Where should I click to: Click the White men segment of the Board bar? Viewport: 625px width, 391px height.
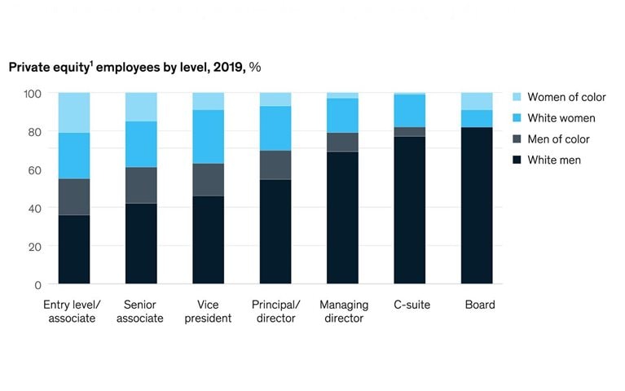tap(477, 205)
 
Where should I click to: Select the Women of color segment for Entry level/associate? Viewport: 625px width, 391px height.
tap(74, 112)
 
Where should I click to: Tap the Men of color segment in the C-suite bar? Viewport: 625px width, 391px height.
tap(410, 132)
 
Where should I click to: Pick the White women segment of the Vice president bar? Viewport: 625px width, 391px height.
tap(209, 137)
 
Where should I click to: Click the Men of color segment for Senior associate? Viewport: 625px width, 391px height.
tap(141, 186)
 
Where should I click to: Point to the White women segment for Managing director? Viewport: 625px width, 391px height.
tap(342, 116)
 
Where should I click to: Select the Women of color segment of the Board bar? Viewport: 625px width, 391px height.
tap(477, 101)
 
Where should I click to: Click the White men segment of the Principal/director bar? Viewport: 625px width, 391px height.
tap(275, 231)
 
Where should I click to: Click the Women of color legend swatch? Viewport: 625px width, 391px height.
tap(517, 97)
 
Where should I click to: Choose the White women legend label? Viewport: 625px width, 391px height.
tap(561, 118)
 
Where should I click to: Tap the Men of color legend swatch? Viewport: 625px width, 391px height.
tap(517, 138)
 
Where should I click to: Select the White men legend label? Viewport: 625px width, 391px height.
tap(554, 160)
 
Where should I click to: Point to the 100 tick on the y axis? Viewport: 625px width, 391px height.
tap(33, 94)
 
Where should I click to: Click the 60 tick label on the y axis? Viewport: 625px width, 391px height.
tap(34, 170)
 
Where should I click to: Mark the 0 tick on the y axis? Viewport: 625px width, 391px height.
tap(37, 285)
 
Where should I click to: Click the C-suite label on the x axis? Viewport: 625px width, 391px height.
tap(412, 305)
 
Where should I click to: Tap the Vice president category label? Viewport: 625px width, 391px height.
tap(208, 311)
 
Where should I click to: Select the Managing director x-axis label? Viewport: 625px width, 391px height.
tap(344, 311)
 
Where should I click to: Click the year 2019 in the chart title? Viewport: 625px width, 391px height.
tap(228, 67)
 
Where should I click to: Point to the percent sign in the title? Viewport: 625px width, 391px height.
tap(255, 67)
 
